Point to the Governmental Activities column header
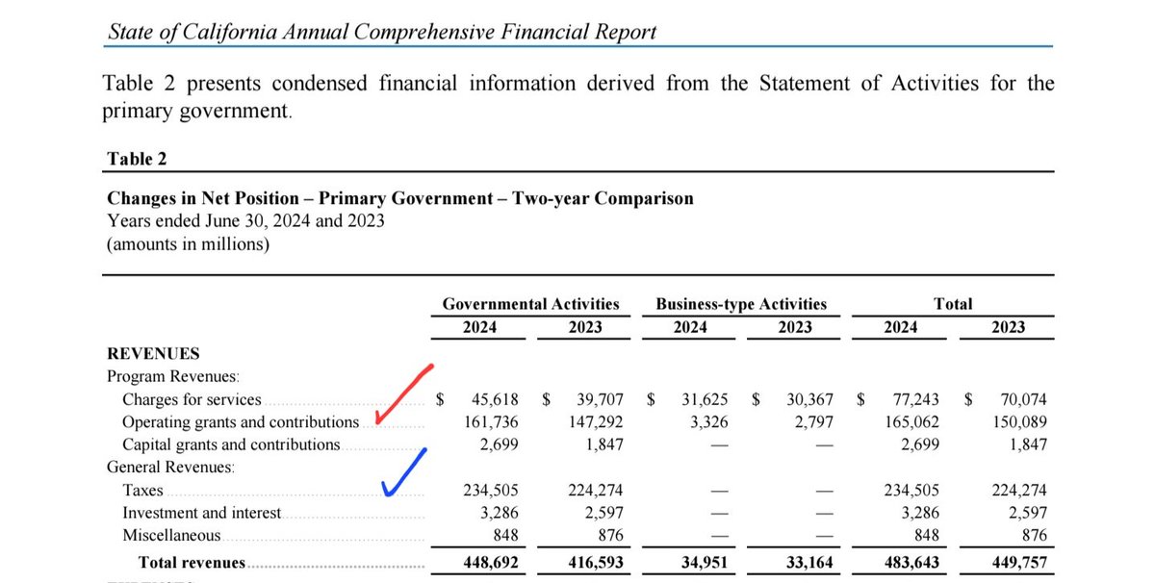click(x=530, y=304)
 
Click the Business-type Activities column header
click(x=741, y=304)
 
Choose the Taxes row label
click(x=142, y=491)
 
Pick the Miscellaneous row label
click(x=171, y=536)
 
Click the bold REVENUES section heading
click(x=153, y=353)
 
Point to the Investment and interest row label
click(x=202, y=514)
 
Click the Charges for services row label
click(x=192, y=399)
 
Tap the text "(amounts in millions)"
click(x=188, y=244)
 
